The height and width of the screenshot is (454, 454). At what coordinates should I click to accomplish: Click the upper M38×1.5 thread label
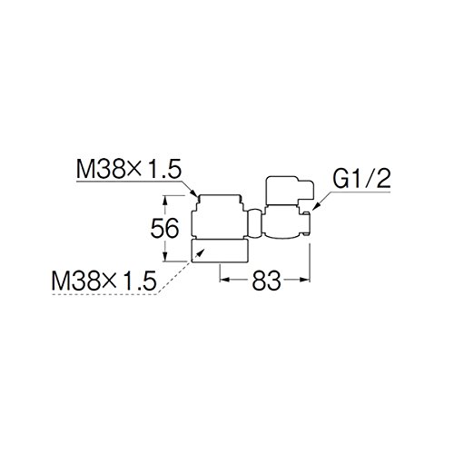[x=129, y=169]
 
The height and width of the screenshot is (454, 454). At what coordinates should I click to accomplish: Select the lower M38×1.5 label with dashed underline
[x=104, y=281]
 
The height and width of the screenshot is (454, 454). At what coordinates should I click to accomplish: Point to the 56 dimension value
[x=165, y=228]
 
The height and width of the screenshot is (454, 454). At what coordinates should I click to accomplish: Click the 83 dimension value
[x=266, y=281]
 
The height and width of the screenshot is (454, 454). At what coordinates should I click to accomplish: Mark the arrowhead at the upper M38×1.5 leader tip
[x=195, y=192]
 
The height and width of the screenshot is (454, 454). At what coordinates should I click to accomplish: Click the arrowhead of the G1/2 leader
[x=316, y=206]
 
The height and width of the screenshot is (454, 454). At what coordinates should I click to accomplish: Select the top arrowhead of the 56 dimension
[x=165, y=201]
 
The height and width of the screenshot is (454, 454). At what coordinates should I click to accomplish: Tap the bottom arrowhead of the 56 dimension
[x=165, y=255]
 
